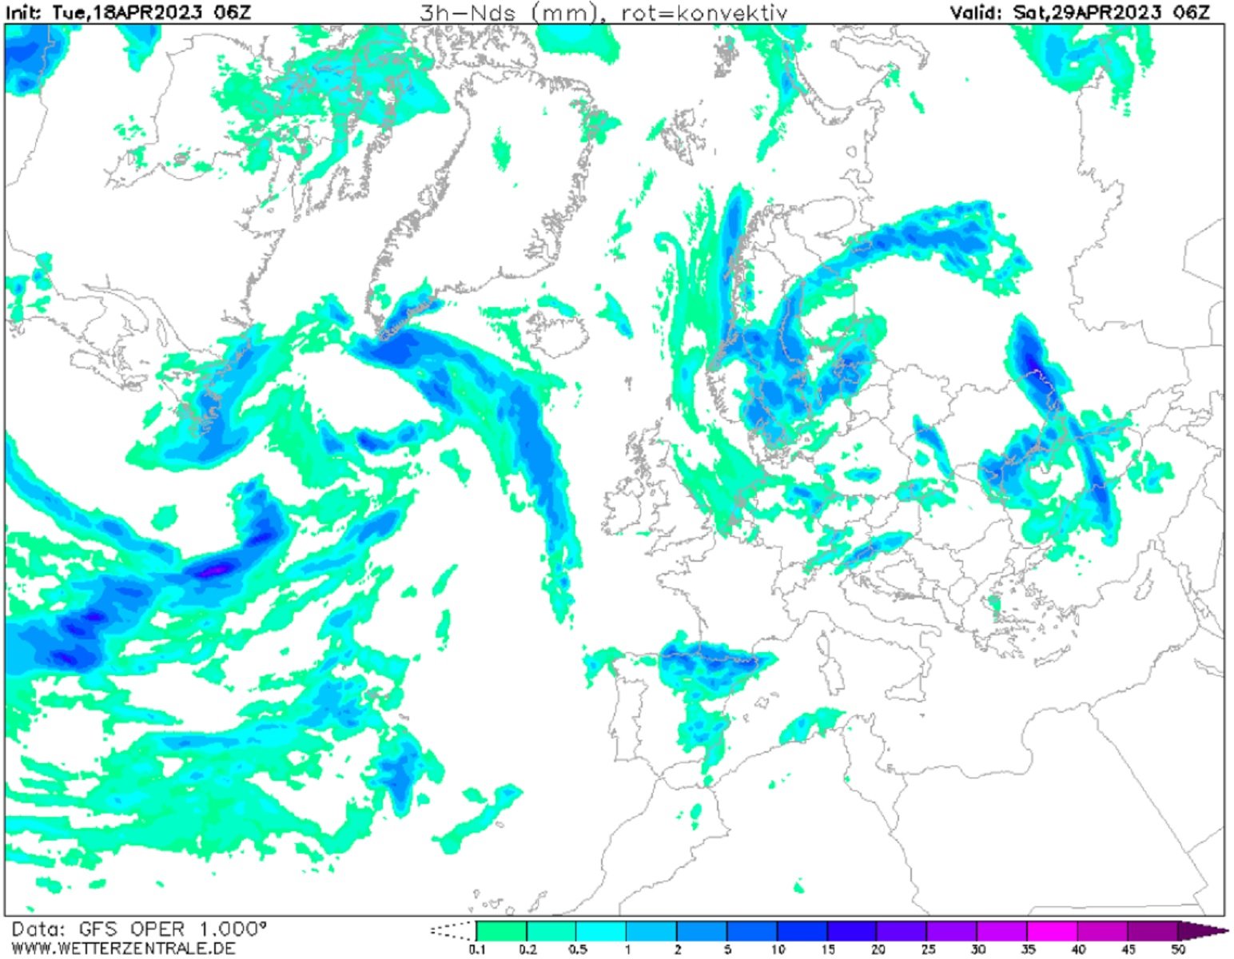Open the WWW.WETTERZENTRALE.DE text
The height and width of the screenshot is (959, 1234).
(x=123, y=949)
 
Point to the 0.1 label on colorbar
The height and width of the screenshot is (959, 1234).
(x=477, y=950)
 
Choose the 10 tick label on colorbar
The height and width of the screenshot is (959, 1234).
(x=777, y=950)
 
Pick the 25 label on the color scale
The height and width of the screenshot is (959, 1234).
(x=927, y=950)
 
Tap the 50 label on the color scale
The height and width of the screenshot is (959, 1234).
(x=1177, y=950)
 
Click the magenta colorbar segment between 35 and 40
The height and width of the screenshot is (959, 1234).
(x=1052, y=930)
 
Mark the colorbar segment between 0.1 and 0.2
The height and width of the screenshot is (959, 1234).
(x=502, y=930)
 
